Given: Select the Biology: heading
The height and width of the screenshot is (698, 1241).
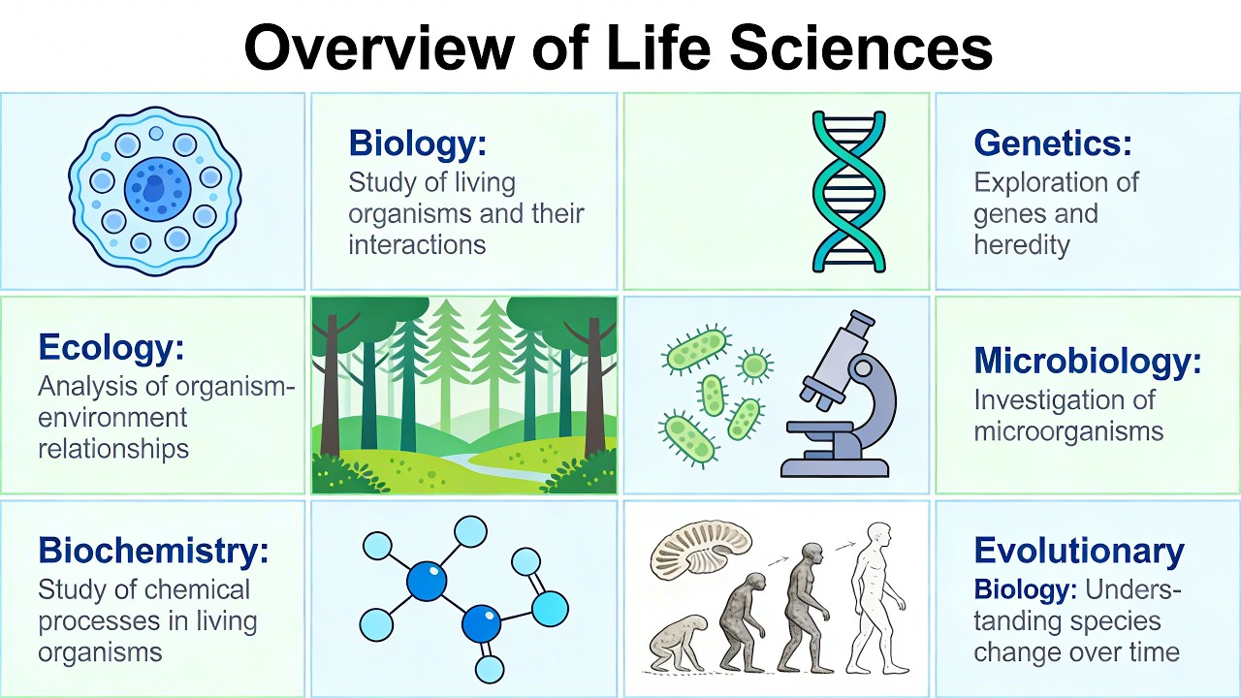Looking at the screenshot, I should (x=417, y=143).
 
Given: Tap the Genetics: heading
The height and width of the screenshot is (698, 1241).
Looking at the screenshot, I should (x=1052, y=143).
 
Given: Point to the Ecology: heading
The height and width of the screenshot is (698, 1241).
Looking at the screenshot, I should (x=111, y=347).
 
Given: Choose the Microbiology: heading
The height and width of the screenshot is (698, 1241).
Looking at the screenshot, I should (x=1087, y=361).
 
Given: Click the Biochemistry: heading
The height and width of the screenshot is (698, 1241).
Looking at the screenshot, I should (x=153, y=551).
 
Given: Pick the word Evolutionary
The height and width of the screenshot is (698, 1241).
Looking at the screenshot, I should (x=1078, y=551).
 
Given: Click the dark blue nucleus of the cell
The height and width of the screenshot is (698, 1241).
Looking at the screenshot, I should (x=154, y=183).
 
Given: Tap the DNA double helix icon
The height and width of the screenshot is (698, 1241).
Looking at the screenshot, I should (x=848, y=191).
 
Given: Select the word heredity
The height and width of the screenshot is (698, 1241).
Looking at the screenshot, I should (x=1021, y=245).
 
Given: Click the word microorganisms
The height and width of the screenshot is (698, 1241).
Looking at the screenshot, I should (x=1067, y=430).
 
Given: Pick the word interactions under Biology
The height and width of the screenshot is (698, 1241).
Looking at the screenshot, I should (x=417, y=244).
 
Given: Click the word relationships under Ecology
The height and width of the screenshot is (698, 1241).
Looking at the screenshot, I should (x=113, y=449).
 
